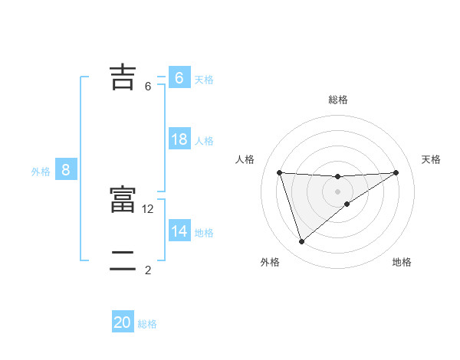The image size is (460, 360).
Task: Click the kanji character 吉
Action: click(122, 77)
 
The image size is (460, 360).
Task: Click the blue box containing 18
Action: click(179, 139)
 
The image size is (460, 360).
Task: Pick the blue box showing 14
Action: click(179, 231)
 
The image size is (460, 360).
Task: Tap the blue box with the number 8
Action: click(66, 170)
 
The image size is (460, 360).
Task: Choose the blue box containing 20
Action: click(123, 322)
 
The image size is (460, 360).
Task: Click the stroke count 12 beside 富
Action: click(149, 208)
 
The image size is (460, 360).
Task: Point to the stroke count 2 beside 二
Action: click(148, 270)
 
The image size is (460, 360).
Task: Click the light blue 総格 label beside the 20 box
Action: click(147, 324)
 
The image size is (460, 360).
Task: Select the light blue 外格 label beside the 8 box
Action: click(41, 172)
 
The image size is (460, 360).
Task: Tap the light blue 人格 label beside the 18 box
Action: click(204, 141)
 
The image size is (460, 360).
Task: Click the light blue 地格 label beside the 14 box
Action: click(204, 233)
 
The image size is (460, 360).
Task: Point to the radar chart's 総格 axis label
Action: click(338, 100)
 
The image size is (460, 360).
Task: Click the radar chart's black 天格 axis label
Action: click(431, 159)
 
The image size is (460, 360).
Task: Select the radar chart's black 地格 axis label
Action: click(402, 263)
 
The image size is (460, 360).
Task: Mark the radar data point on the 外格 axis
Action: click(301, 242)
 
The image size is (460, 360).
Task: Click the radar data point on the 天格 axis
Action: click(396, 172)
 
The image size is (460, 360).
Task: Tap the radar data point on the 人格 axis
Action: click(280, 172)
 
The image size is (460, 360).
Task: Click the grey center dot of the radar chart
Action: click(338, 191)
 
